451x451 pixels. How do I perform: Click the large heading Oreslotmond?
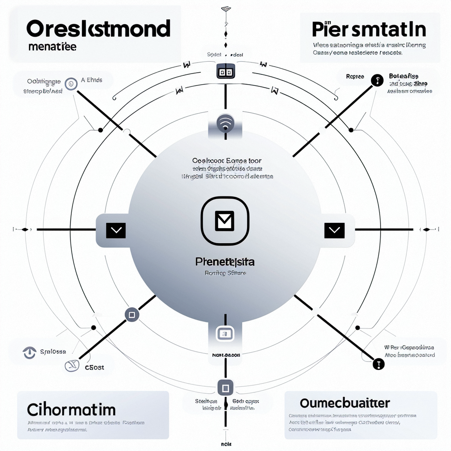[98, 29]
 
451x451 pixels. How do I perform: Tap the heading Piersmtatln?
[369, 30]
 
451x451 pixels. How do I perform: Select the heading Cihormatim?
[71, 409]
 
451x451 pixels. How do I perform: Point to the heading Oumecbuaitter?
[345, 403]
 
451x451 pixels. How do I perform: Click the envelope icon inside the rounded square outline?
[225, 220]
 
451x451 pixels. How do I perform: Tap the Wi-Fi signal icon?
[225, 123]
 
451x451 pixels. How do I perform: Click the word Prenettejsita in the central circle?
[225, 262]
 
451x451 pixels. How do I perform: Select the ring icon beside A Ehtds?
[69, 83]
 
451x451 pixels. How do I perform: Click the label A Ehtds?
[92, 80]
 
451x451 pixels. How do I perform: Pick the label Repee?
[355, 77]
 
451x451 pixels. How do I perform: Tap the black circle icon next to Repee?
[377, 80]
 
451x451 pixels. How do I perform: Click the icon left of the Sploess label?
[29, 352]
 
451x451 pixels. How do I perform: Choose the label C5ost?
[95, 366]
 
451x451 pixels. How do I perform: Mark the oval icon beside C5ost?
[71, 365]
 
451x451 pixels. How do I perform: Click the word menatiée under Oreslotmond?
[52, 47]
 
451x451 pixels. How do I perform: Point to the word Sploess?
[52, 351]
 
